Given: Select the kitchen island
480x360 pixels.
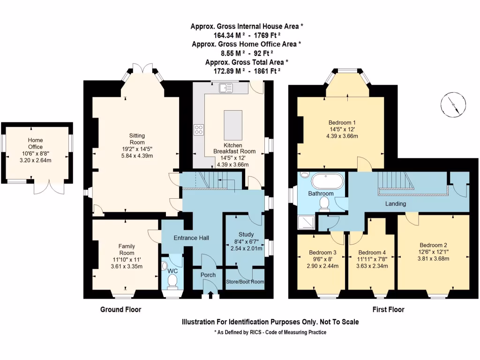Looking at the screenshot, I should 233,123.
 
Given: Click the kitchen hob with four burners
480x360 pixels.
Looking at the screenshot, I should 199,129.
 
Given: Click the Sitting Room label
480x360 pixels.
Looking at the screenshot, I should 137,139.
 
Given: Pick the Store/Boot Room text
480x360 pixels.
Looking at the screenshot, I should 245,282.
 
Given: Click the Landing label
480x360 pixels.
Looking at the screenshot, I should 395,204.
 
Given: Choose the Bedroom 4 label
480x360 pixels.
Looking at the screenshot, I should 372,252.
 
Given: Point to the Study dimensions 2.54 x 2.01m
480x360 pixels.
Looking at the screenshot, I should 246,248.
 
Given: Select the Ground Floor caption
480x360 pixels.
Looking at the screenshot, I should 120,310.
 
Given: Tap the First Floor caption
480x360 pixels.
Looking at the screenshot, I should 388,310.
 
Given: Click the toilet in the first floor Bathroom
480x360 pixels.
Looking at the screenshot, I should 324,202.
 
